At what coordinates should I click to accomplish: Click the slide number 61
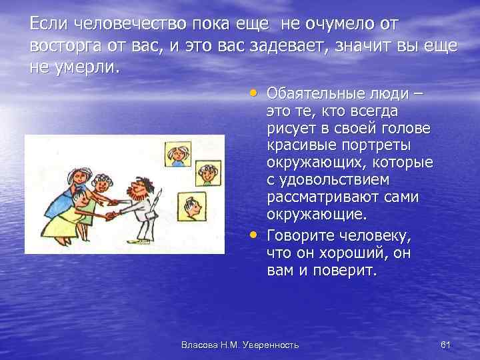tap(446, 344)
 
